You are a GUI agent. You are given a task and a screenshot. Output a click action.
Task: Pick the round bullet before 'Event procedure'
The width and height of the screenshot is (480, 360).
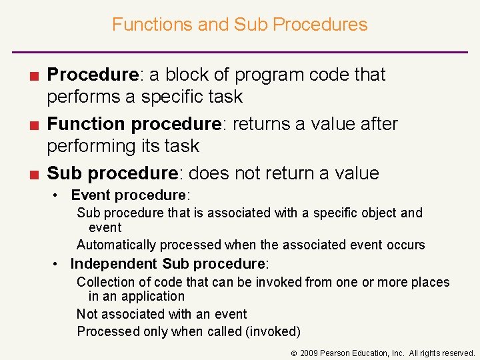coord(59,195)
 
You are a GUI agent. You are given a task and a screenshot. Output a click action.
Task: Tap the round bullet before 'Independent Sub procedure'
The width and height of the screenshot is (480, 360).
coord(59,264)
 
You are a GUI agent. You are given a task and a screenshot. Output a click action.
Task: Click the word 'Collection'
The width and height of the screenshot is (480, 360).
coord(105,282)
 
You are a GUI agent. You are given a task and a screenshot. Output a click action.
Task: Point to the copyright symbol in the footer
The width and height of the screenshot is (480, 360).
coord(293,353)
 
